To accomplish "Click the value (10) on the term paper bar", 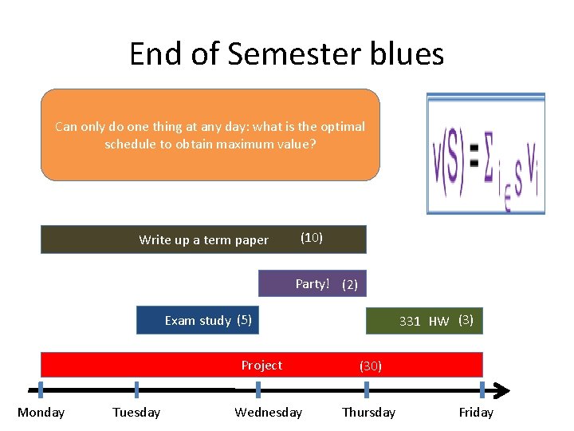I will tap(311, 238).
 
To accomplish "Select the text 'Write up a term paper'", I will tap(203, 240).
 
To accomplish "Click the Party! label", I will tap(312, 284).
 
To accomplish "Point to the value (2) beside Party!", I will tap(350, 285).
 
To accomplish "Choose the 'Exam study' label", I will tap(198, 321).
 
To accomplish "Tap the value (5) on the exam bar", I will tap(244, 321).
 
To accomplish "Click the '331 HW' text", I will tap(424, 322).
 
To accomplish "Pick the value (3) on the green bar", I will tap(466, 321).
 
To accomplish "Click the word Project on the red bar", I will tap(261, 366).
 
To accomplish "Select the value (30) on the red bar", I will tap(371, 366).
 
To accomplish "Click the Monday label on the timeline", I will tap(41, 413).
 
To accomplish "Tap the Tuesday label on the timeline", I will tap(136, 413).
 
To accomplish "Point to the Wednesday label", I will tap(268, 413).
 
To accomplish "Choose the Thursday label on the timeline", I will tap(368, 413).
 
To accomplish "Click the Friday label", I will tap(476, 413).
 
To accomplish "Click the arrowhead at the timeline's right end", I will tap(501, 390).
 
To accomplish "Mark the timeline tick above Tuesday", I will tap(136, 390).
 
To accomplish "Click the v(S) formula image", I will tap(486, 154).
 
